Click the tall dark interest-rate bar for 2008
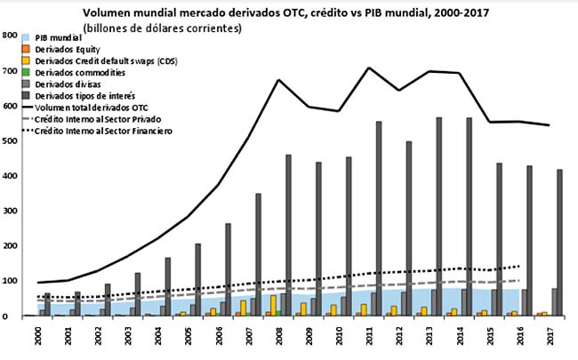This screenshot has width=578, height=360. [288, 235]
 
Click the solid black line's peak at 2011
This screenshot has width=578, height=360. [367, 68]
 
